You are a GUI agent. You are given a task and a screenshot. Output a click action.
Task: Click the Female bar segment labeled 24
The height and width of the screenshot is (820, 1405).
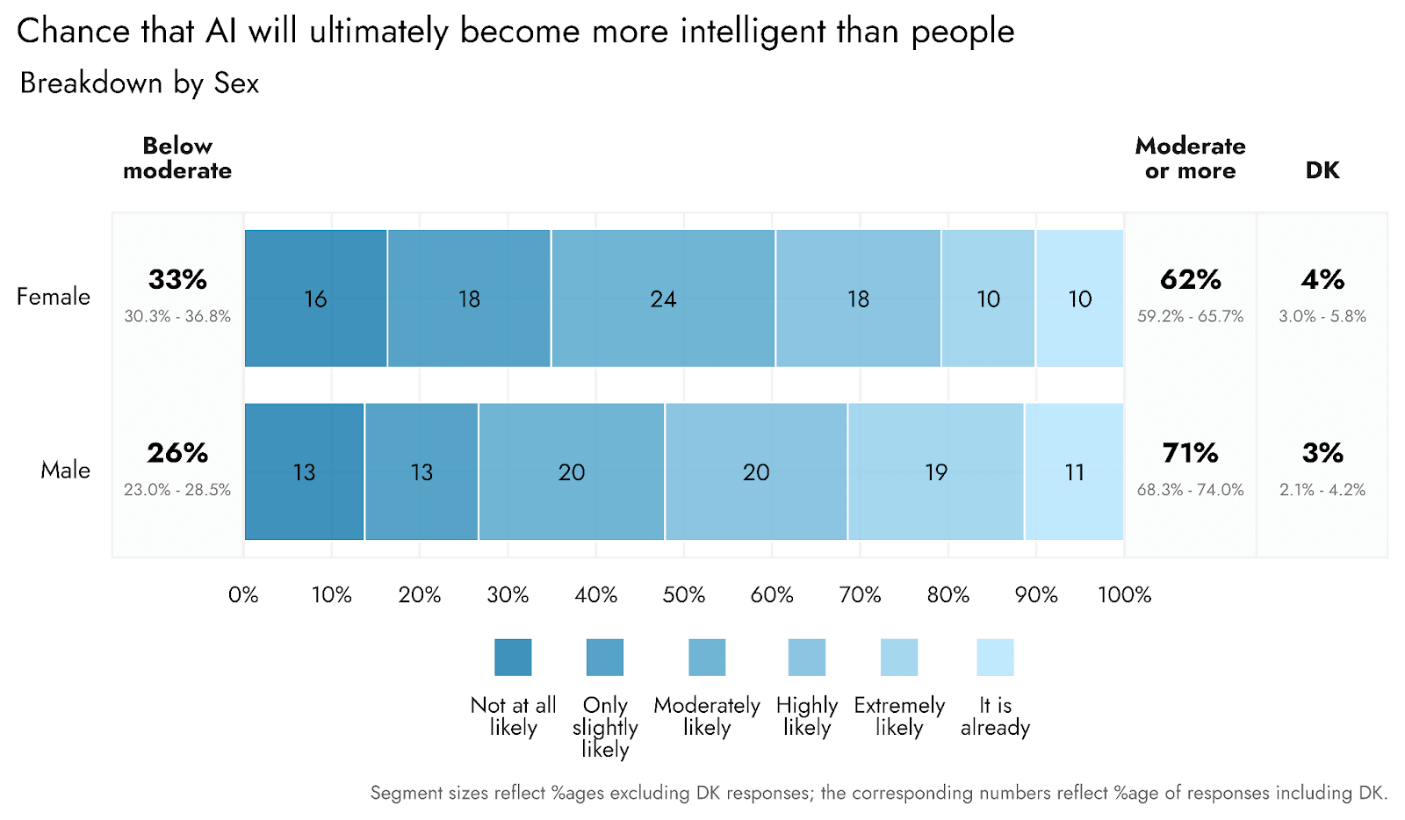663,299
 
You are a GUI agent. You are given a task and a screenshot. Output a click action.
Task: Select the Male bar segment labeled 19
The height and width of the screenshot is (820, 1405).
936,471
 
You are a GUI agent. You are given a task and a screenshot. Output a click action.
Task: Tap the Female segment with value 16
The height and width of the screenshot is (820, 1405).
315,299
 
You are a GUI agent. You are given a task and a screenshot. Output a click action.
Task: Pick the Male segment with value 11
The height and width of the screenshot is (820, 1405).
1074,471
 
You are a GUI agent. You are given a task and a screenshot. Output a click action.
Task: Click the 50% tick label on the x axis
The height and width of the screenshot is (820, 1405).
684,595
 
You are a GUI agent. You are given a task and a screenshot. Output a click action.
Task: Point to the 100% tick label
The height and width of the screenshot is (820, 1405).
1124,595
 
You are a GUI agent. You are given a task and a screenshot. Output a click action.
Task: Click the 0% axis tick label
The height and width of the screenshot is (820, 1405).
243,595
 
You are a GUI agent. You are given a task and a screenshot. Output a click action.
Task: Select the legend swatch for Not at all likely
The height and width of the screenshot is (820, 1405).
513,658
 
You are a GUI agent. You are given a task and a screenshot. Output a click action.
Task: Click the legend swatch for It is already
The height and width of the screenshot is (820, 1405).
995,658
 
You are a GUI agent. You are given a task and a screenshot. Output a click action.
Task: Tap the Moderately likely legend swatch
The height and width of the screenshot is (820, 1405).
707,658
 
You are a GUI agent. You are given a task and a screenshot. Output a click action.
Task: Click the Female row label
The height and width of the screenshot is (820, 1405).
54,297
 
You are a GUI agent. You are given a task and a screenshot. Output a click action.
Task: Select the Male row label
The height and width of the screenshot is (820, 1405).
65,471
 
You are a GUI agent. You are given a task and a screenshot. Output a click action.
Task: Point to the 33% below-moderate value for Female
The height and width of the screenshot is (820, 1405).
177,280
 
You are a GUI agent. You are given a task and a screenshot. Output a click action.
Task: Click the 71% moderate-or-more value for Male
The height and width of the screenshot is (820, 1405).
1190,453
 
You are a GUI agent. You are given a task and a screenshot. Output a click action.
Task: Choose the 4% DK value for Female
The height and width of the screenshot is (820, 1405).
1322,280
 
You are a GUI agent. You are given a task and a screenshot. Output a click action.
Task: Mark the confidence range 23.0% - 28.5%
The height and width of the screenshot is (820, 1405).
177,490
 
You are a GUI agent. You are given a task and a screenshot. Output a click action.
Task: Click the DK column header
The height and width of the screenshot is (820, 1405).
1322,170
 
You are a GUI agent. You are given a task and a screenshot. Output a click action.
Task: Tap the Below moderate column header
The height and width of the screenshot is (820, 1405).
177,158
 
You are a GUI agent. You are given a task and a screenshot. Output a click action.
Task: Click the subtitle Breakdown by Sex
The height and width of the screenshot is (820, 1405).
140,83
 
